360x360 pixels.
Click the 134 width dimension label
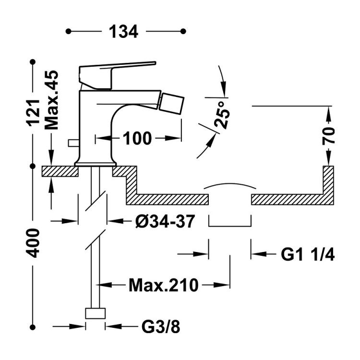(x=123, y=32)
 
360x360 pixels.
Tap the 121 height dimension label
(x=34, y=113)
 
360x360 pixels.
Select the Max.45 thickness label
(x=52, y=100)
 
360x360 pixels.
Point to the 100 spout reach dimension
(x=137, y=138)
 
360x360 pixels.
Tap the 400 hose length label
(x=33, y=243)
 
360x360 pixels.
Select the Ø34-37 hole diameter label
(x=165, y=221)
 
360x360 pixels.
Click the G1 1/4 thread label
(x=308, y=254)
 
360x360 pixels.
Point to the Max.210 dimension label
(x=164, y=285)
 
